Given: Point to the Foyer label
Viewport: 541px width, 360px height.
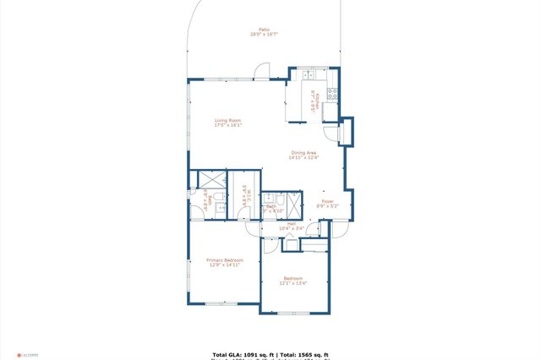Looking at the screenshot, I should coord(327,203).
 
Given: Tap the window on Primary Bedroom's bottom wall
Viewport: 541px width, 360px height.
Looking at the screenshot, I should coord(221,303).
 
